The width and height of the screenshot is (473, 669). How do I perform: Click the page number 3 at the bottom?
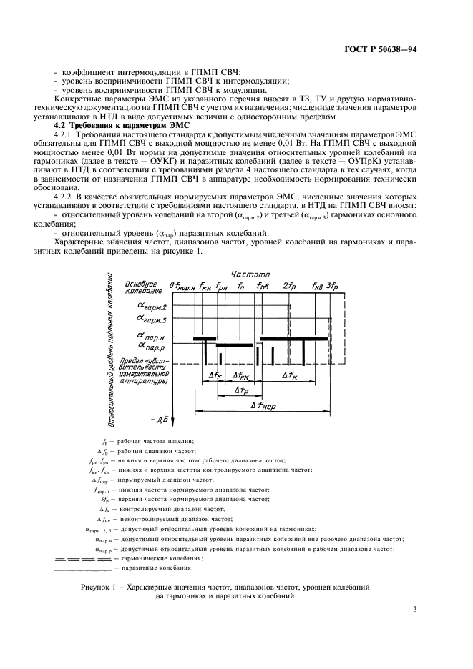(x=414, y=609)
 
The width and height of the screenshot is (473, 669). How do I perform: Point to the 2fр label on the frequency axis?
(x=290, y=286)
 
